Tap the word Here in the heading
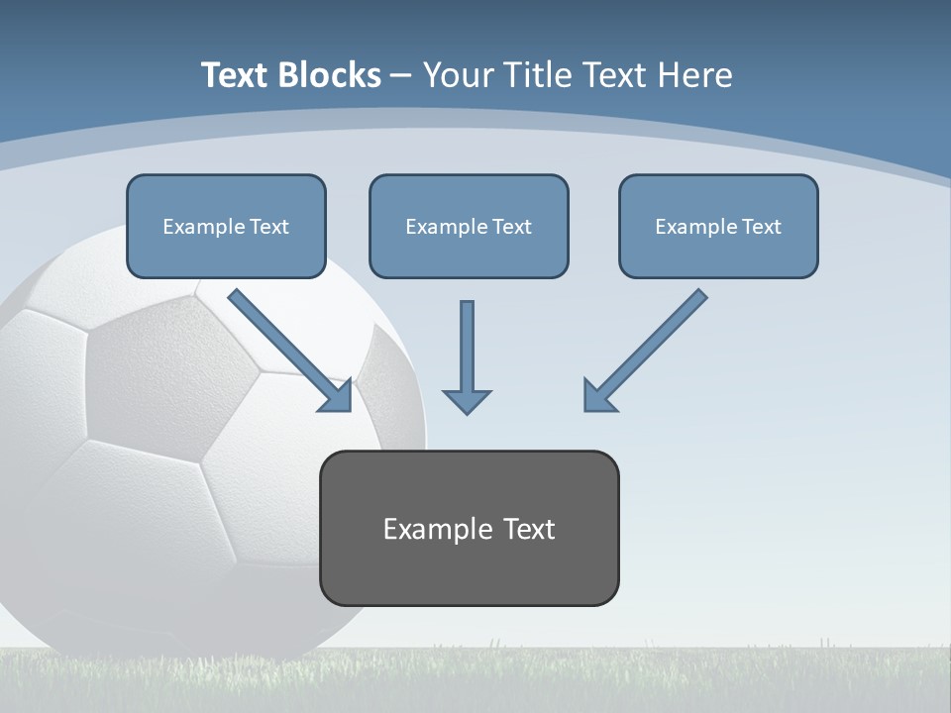[694, 75]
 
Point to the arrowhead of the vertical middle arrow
[467, 400]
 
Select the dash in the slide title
[401, 75]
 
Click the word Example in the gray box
[438, 529]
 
